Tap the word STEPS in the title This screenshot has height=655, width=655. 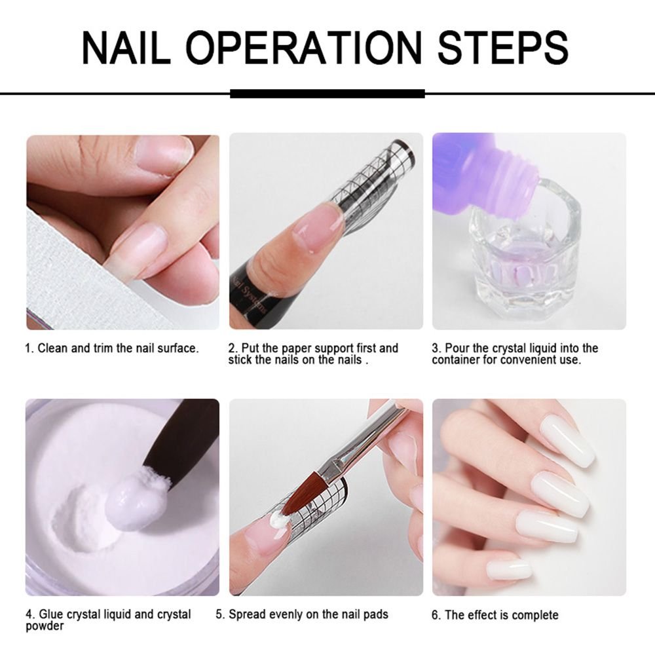pyautogui.click(x=502, y=47)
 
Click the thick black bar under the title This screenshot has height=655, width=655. pyautogui.click(x=327, y=94)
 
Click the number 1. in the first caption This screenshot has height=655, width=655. pyautogui.click(x=29, y=348)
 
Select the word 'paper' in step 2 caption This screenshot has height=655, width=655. pyautogui.click(x=292, y=348)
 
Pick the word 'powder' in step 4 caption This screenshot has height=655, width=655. pyautogui.click(x=45, y=626)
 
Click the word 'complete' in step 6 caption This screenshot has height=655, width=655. pyautogui.click(x=535, y=615)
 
